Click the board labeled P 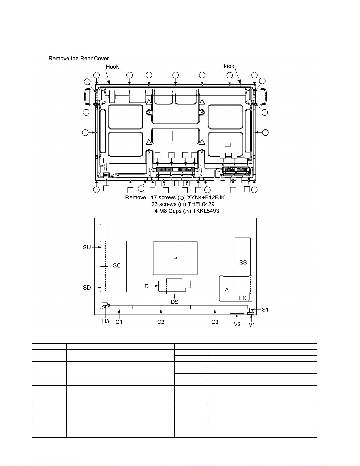point(175,258)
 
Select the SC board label point(117,265)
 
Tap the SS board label point(243,262)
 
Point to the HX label point(242,298)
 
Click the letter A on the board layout point(227,290)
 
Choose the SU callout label point(87,247)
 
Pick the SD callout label point(87,288)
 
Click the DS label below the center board point(175,302)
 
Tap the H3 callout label point(106,321)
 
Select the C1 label point(119,322)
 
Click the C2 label point(161,322)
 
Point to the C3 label point(215,322)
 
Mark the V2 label point(237,324)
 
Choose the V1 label point(252,325)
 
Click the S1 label point(265,310)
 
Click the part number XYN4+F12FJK point(206,197)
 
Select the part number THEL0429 point(201,204)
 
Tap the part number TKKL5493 point(206,211)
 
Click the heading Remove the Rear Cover point(79,58)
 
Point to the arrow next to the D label point(154,286)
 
